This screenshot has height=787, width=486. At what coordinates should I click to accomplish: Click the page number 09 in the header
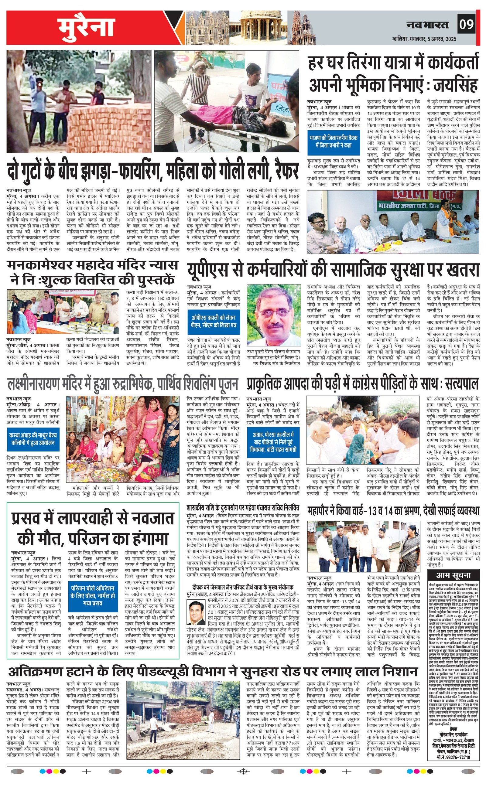point(466,24)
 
